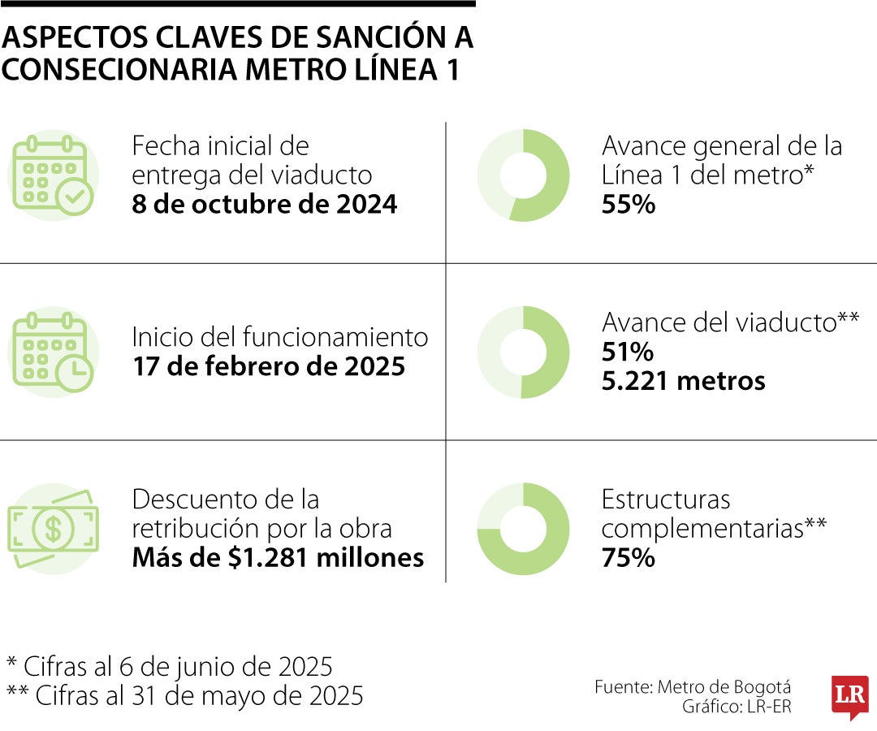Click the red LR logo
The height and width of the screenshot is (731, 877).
tap(849, 696)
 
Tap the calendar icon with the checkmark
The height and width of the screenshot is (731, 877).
tap(53, 175)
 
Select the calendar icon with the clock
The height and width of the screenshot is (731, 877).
tap(53, 352)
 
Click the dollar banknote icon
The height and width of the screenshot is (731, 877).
tap(53, 528)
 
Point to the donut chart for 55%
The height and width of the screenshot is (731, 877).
tap(523, 175)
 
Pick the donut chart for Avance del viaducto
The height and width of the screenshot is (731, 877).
tap(523, 352)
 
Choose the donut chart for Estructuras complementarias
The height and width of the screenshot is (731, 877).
tap(523, 528)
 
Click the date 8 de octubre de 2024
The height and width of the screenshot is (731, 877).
tap(264, 204)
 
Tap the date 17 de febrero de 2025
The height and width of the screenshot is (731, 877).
tap(268, 366)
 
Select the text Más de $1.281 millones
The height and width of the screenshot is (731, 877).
tap(278, 558)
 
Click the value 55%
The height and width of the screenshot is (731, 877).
tap(628, 204)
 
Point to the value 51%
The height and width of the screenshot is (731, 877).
tap(627, 352)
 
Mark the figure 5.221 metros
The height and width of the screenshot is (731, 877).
tap(683, 380)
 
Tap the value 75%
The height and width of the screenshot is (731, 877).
tap(628, 558)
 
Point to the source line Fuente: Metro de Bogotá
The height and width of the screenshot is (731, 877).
tap(692, 686)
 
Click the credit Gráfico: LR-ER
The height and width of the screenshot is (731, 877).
tap(736, 707)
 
